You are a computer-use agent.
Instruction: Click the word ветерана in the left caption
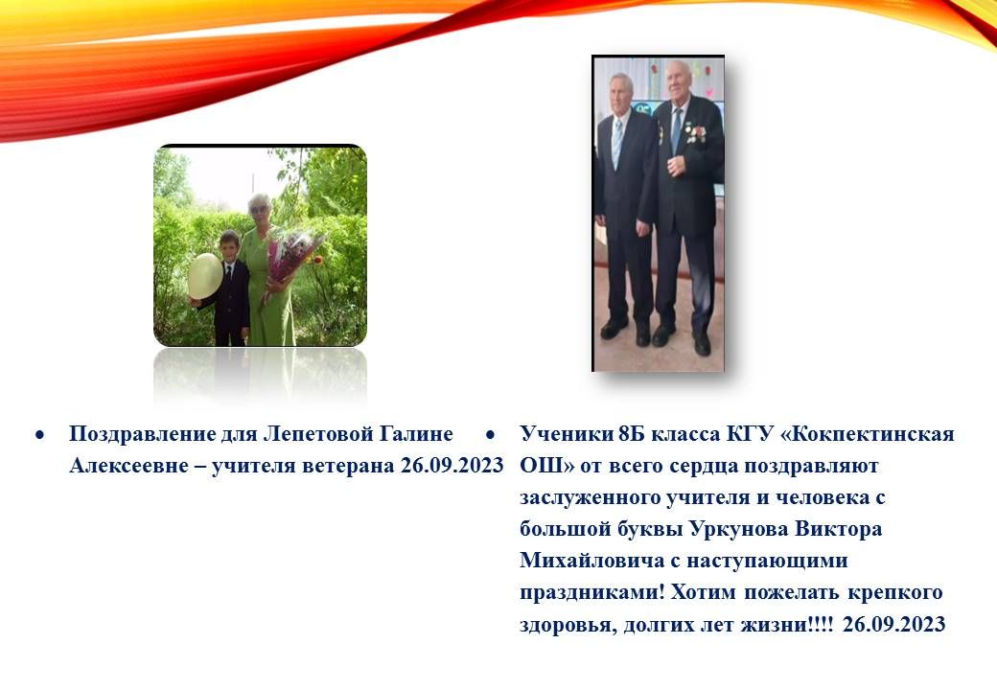coord(348,466)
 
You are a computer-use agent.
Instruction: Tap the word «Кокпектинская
coord(867,434)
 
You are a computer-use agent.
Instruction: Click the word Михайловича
coord(592,561)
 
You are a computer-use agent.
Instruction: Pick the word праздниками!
coord(592,593)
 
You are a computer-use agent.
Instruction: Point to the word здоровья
coord(568,625)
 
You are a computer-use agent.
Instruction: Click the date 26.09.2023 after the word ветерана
coord(452,466)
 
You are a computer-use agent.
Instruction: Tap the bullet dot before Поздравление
coord(40,435)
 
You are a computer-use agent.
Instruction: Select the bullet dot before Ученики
coord(490,435)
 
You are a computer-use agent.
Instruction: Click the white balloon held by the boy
coord(205,276)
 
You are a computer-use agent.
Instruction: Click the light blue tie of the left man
coord(616,143)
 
